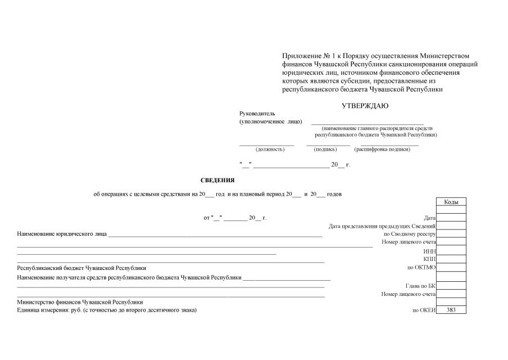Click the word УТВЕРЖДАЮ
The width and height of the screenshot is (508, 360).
tap(365, 105)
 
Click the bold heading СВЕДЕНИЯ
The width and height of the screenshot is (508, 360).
tap(217, 180)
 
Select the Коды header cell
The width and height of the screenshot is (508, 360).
tap(451, 202)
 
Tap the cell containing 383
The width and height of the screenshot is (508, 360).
tap(451, 310)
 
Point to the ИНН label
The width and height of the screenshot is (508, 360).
tap(430, 250)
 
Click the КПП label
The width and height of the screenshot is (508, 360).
tap(430, 259)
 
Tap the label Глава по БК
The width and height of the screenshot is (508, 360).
tap(420, 285)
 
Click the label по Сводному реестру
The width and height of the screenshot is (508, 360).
tap(410, 233)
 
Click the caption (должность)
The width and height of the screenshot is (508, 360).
tap(270, 149)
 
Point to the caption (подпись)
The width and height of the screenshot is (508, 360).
tap(325, 149)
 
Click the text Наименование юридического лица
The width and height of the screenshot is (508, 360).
tap(62, 233)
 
